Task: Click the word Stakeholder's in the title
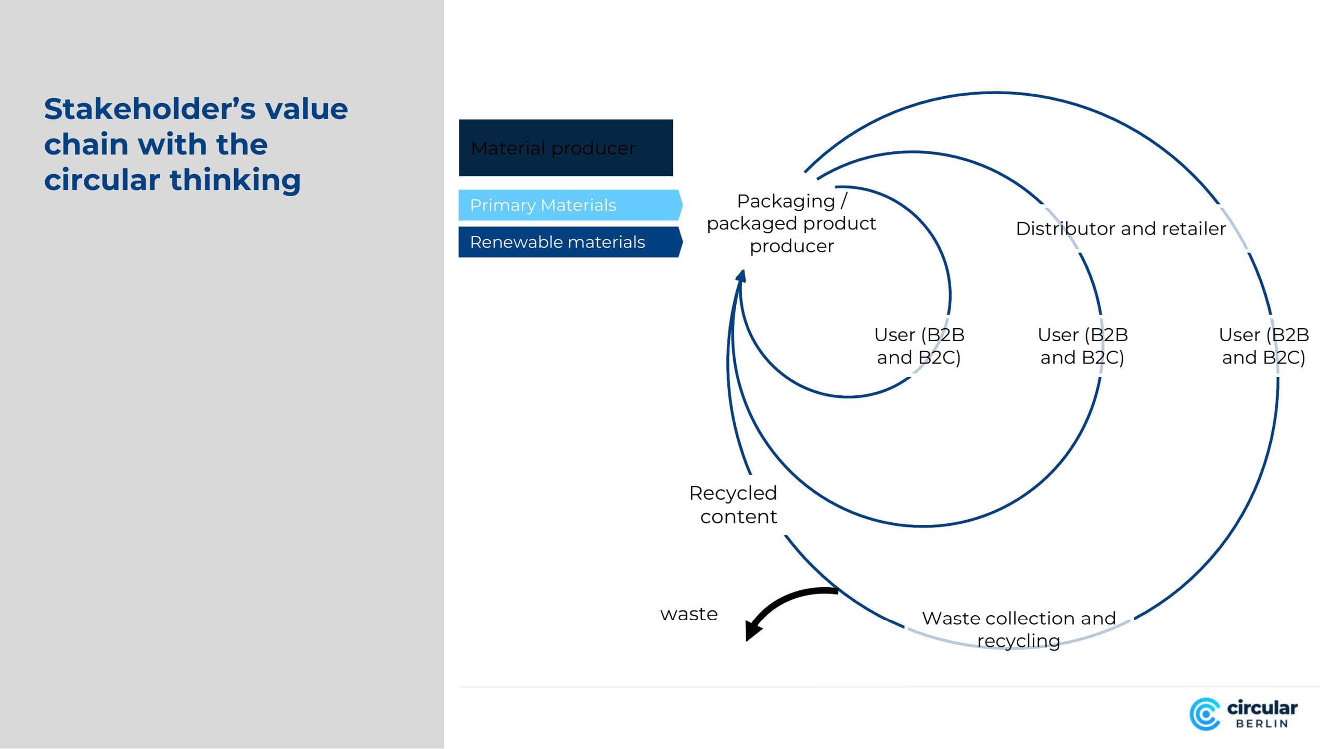point(149,109)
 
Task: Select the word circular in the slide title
point(101,180)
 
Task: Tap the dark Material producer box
point(566,148)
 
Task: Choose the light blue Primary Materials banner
point(569,205)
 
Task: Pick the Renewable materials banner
point(569,242)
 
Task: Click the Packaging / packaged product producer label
point(791,224)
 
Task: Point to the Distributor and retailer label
point(1121,229)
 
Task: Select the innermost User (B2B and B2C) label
point(919,346)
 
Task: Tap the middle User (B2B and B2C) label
point(1082,346)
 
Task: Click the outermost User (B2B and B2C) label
point(1263,346)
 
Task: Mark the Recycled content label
point(734,505)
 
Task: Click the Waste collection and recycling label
point(1019,629)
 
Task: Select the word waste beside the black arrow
point(689,614)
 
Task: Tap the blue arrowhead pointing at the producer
point(741,276)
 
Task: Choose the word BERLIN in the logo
point(1262,724)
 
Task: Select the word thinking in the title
point(235,180)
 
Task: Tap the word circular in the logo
point(1262,708)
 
